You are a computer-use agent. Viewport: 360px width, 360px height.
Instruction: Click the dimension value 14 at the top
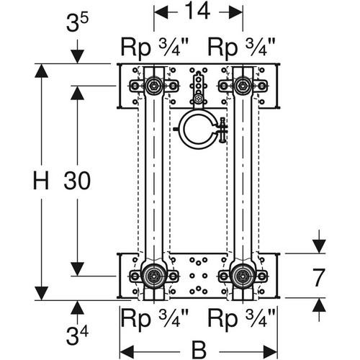[x=198, y=11]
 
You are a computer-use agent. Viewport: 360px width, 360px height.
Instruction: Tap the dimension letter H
[x=41, y=180]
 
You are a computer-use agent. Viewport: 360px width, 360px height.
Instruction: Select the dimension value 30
[x=77, y=180]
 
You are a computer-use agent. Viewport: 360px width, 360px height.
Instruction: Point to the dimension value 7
[x=319, y=278]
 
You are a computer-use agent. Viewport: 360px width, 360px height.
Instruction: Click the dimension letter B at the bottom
[x=199, y=350]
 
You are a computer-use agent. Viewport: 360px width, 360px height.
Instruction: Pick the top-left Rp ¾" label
[x=155, y=48]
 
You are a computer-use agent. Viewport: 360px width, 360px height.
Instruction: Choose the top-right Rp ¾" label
[x=241, y=48]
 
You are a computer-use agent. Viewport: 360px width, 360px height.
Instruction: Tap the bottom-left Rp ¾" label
[x=155, y=319]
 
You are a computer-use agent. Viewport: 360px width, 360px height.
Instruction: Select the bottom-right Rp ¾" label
[x=241, y=319]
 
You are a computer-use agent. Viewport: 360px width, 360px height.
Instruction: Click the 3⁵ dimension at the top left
[x=77, y=23]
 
